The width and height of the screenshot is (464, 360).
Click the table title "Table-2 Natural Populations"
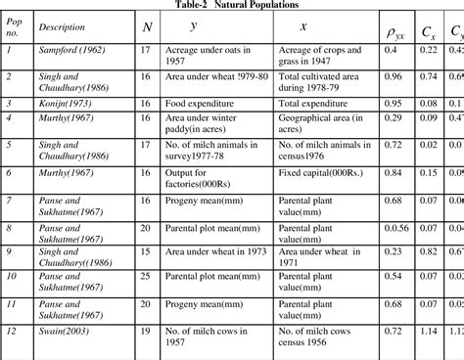coord(232,5)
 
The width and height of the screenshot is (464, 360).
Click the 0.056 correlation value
coord(394,226)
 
